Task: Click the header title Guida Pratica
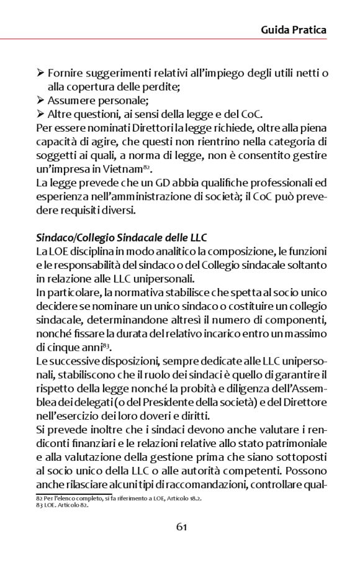(x=294, y=29)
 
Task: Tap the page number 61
(x=182, y=527)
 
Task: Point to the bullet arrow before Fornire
(x=40, y=74)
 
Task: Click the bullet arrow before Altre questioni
(x=40, y=114)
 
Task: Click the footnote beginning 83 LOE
(x=62, y=505)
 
